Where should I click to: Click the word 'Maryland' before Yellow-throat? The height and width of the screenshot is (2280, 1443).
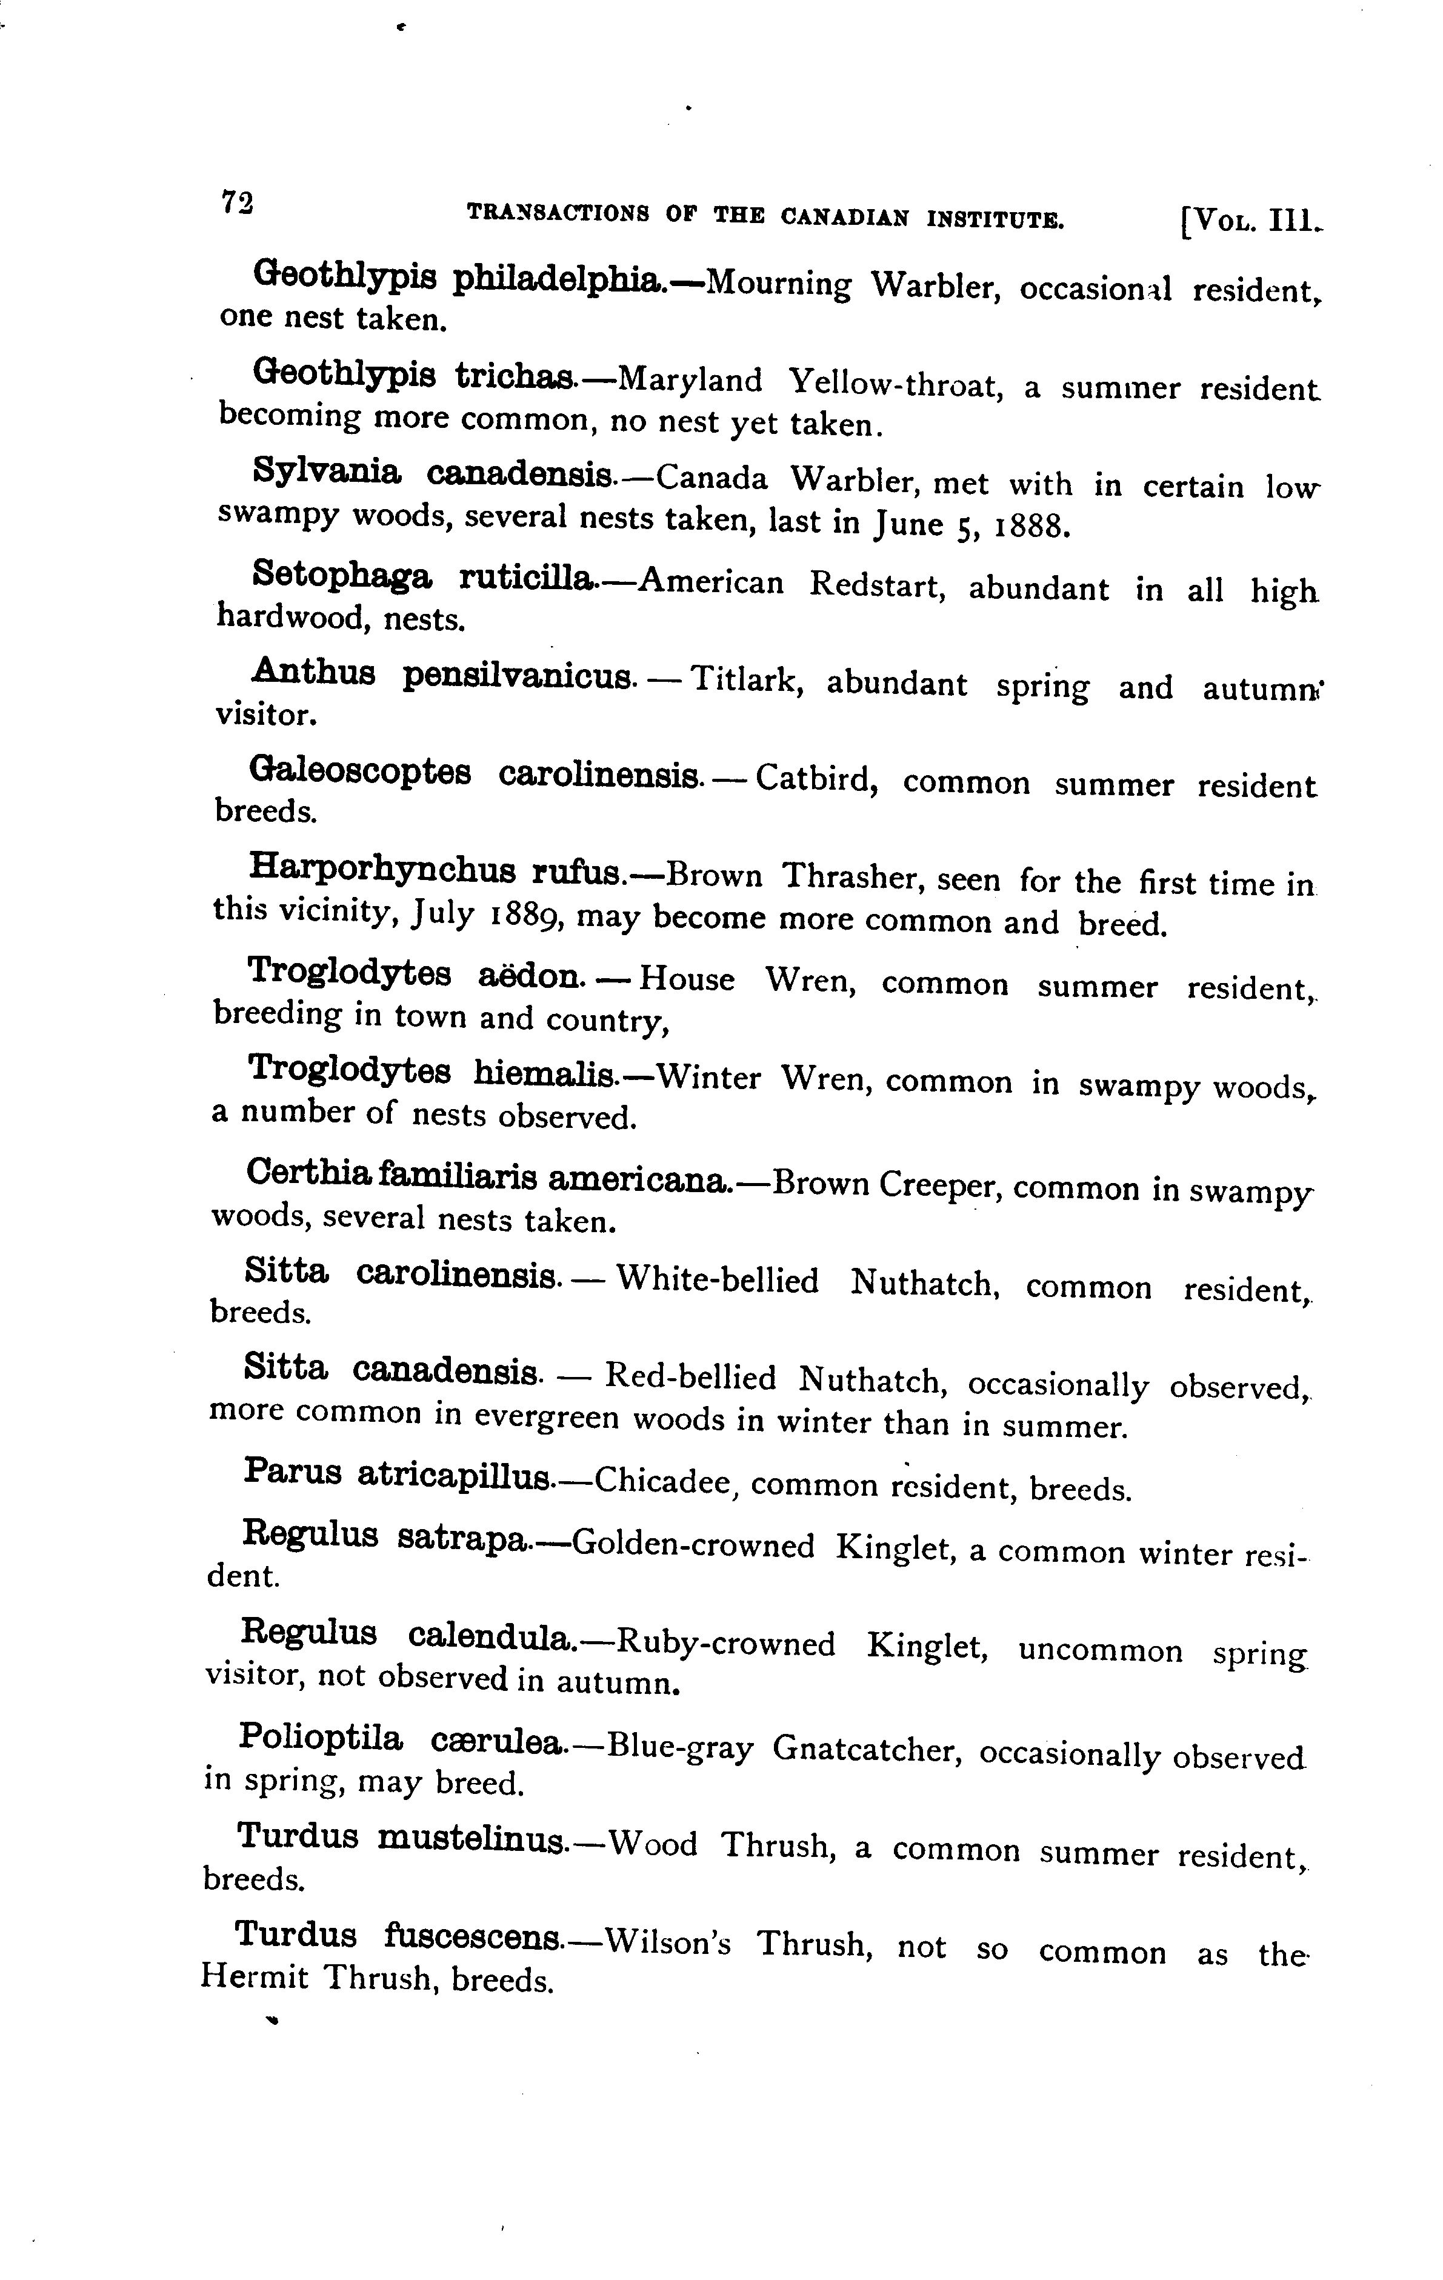[689, 381]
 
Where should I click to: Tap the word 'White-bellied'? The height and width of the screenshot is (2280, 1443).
[718, 1281]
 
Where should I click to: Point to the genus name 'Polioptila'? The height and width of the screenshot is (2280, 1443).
[320, 1738]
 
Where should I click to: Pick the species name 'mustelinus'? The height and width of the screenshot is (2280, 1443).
[470, 1839]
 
